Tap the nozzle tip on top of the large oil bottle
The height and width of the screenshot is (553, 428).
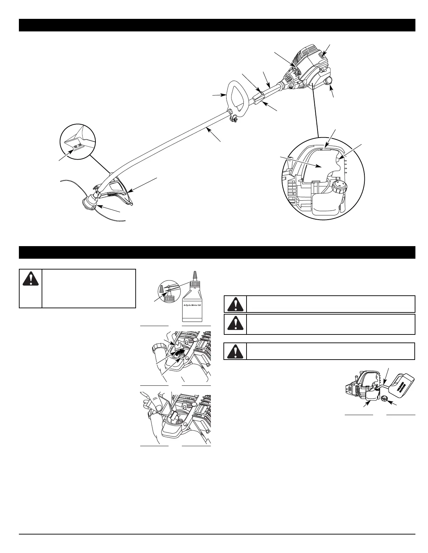point(196,274)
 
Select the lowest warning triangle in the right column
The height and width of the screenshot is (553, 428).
point(235,351)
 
